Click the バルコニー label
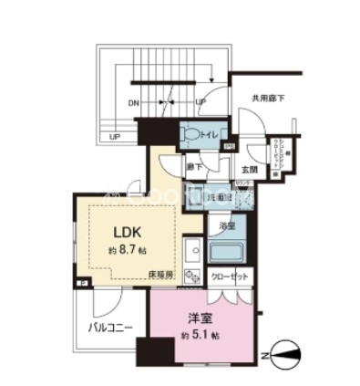click(x=111, y=326)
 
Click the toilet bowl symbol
click(x=190, y=133)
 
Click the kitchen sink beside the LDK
click(x=193, y=247)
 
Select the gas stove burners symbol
click(x=193, y=276)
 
